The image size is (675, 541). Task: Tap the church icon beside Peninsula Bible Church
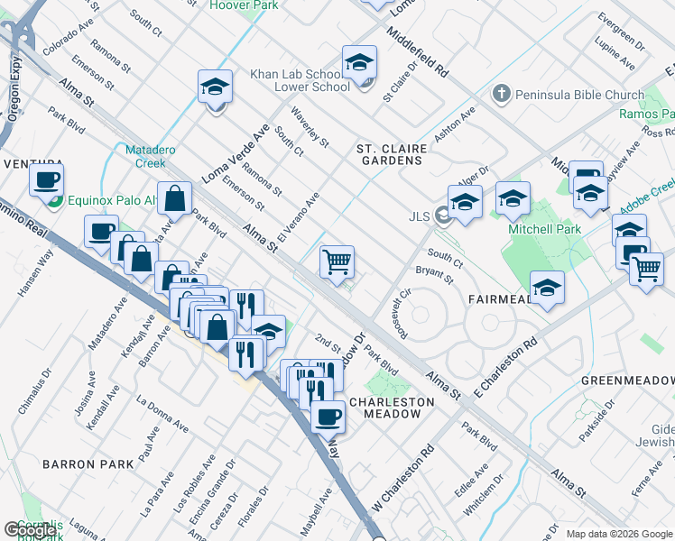[x=502, y=94]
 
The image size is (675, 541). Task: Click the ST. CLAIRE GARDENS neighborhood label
[x=390, y=154]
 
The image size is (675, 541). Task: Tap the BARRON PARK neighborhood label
[x=88, y=463]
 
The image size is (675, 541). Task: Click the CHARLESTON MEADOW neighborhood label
[x=385, y=408]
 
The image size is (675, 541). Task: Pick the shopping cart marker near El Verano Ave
[x=337, y=262]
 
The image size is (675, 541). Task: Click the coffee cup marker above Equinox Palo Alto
[x=46, y=179]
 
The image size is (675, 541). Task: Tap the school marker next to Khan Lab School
[x=359, y=62]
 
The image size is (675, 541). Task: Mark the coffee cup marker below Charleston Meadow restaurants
[x=328, y=416]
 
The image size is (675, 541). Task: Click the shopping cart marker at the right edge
[x=646, y=269]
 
